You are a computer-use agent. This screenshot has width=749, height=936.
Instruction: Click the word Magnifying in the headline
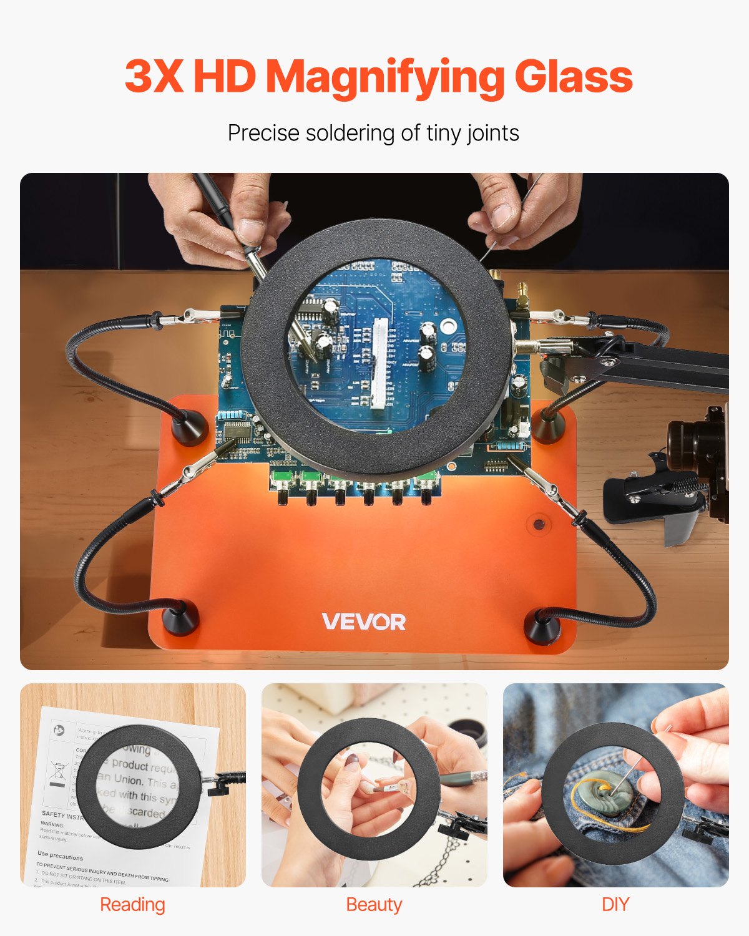384,77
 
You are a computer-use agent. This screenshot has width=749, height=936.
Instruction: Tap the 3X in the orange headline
154,76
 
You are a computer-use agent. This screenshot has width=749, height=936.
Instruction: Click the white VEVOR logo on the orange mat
364,622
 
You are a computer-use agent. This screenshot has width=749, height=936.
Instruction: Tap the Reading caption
132,905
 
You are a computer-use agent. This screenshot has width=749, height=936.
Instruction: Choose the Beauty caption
374,905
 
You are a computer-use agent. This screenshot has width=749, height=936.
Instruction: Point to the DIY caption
615,905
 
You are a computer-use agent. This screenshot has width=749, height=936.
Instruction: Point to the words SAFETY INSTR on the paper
62,815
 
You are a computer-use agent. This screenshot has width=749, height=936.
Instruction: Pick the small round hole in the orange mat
538,522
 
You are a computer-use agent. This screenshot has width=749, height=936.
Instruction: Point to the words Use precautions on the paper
60,856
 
